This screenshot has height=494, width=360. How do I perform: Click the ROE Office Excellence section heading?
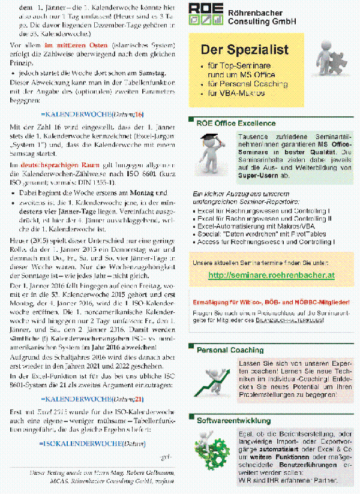coord(236,123)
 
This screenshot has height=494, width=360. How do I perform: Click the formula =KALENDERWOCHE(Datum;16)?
coord(93,113)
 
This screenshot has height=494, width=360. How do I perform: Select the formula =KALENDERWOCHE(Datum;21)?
coord(93,398)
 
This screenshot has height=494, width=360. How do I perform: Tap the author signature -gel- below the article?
coord(166,457)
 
